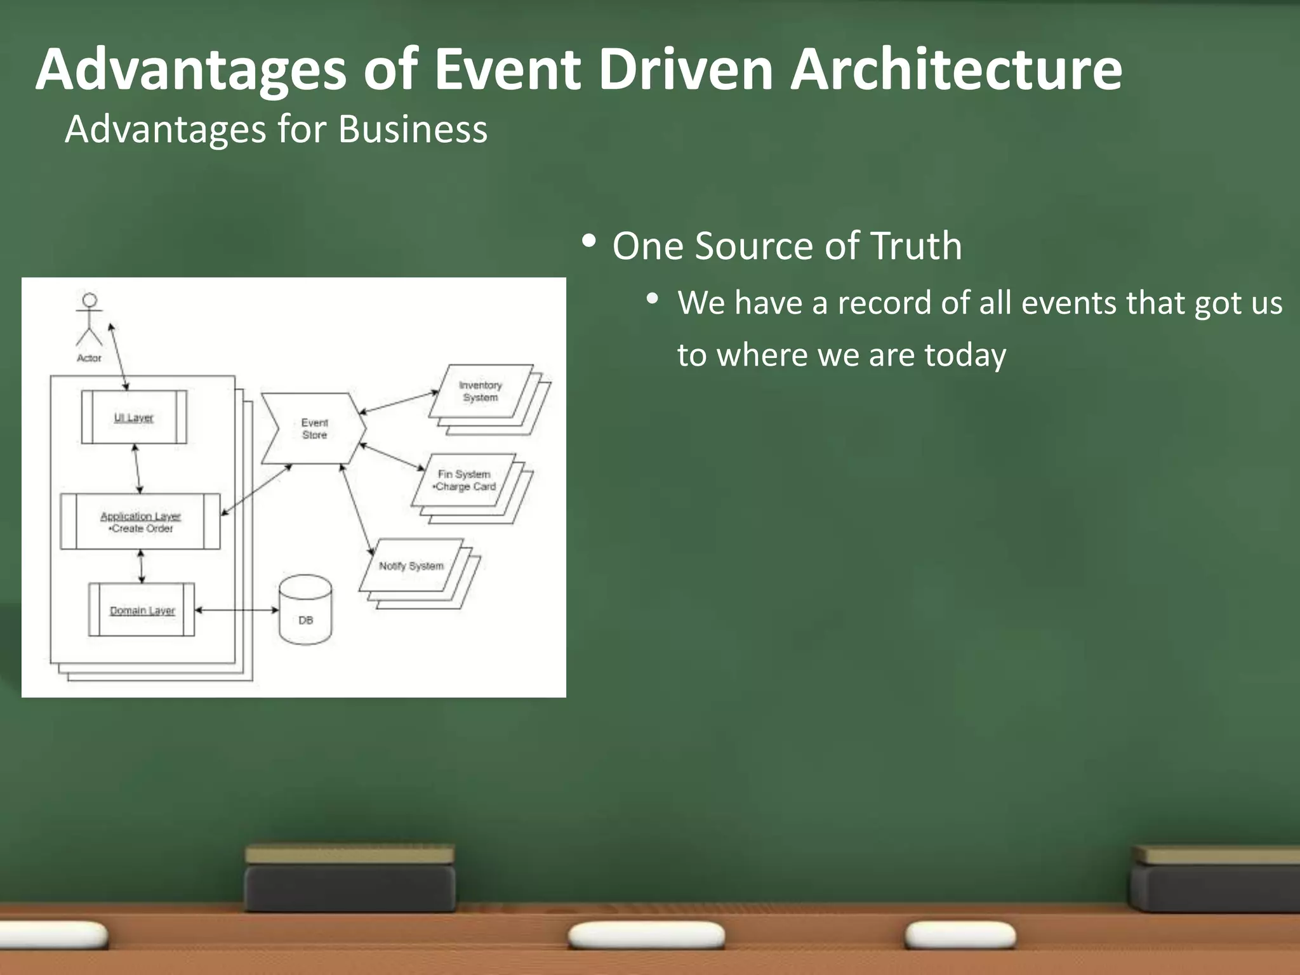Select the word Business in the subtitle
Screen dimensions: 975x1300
click(413, 129)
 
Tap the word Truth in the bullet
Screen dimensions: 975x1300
click(915, 246)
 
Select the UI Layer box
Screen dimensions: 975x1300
click(134, 417)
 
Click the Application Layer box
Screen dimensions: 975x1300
click(140, 522)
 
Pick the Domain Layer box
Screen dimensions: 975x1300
click(142, 610)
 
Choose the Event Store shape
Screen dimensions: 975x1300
click(314, 428)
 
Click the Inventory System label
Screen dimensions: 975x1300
click(481, 391)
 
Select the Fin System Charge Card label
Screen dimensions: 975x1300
click(464, 481)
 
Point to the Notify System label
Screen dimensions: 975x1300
click(411, 566)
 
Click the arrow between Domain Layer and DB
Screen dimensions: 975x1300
click(236, 610)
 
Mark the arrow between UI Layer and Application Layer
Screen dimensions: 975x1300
click(137, 468)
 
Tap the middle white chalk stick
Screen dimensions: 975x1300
click(646, 936)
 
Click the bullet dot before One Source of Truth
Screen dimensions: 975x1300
click(588, 242)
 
